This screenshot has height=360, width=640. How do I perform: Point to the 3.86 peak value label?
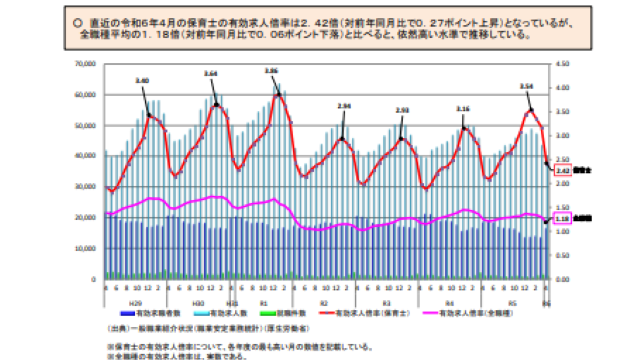pyautogui.click(x=269, y=72)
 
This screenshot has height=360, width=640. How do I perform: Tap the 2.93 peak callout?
pyautogui.click(x=402, y=110)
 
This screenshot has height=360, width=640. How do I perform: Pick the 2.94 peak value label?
pyautogui.click(x=344, y=106)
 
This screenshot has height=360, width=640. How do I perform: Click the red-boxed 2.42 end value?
pyautogui.click(x=562, y=170)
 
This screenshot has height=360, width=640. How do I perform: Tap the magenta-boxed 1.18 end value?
pyautogui.click(x=562, y=216)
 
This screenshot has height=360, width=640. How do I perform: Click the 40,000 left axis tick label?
pyautogui.click(x=84, y=155)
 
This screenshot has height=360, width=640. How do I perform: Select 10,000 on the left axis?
pyautogui.click(x=84, y=247)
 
